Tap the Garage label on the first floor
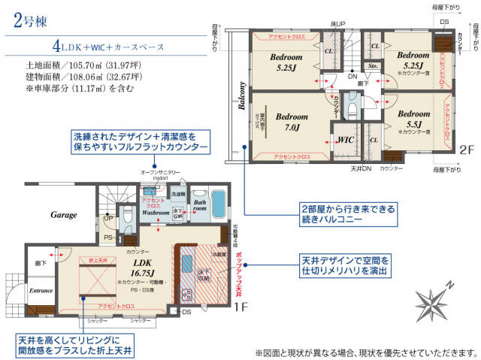pos(64,215)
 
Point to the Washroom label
pos(156,213)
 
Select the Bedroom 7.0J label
pos(291,123)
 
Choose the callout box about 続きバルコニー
pos(346,215)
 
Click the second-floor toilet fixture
pos(352,110)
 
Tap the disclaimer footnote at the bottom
pos(366,352)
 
